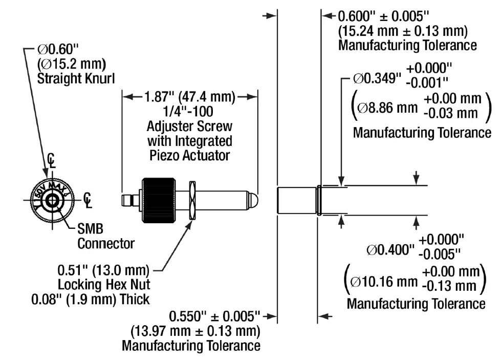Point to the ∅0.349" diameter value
pos(376,79)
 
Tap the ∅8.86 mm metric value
pos(387,108)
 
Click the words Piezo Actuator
pos(189,155)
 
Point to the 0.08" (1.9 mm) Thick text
pos(90,299)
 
